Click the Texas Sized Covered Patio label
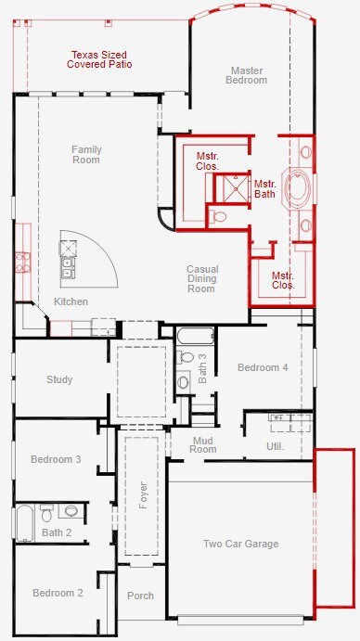(x=99, y=59)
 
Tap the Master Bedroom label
(x=246, y=75)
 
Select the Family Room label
(x=86, y=155)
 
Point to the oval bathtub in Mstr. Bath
(x=298, y=187)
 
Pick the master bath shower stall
(x=232, y=188)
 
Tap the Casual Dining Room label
(x=202, y=279)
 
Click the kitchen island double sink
(x=67, y=267)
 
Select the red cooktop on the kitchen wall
(x=22, y=262)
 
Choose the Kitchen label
(x=71, y=301)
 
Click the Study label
(x=59, y=379)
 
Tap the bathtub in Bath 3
(x=195, y=336)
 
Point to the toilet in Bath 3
(x=185, y=357)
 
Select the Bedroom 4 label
(x=263, y=367)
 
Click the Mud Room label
(x=203, y=444)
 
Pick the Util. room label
(x=275, y=446)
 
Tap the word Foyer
(x=143, y=495)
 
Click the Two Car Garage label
(x=241, y=544)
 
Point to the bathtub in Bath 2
(x=24, y=523)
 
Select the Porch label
(x=140, y=596)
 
